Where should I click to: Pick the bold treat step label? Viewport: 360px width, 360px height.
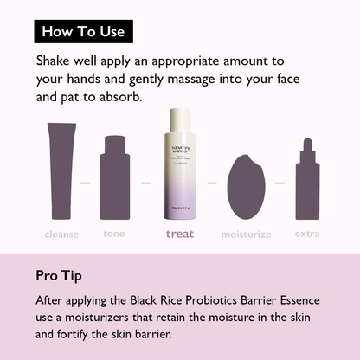click(x=180, y=234)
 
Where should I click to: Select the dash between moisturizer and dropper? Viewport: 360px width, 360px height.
click(x=279, y=183)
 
